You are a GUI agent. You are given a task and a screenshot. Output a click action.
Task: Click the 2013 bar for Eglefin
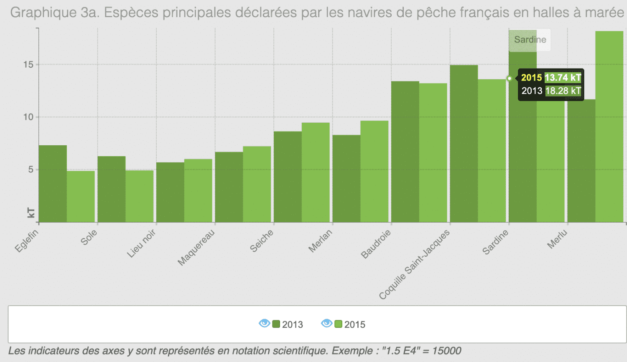[53, 184]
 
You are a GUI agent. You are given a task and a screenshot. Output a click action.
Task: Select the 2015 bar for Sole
[140, 196]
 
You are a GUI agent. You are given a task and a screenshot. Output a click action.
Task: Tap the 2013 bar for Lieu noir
[170, 192]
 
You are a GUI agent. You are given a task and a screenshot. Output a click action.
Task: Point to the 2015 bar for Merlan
[375, 171]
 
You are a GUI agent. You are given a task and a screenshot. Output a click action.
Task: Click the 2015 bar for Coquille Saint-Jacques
[492, 150]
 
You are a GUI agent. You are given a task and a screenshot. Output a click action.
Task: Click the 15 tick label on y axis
[28, 65]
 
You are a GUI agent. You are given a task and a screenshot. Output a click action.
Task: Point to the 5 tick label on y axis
[31, 170]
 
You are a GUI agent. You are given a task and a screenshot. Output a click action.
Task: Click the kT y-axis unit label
[31, 213]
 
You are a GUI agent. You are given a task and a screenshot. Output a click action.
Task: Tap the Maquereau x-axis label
[196, 247]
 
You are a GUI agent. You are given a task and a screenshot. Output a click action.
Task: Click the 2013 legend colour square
[276, 324]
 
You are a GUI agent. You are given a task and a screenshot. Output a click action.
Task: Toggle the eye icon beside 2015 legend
[326, 323]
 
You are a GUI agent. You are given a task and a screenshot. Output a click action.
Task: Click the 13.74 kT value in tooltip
[563, 78]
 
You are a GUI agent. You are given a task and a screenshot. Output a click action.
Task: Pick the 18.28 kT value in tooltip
[563, 91]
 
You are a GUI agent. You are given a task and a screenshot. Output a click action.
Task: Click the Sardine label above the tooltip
[530, 40]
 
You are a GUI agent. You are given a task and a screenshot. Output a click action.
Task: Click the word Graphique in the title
[43, 13]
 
